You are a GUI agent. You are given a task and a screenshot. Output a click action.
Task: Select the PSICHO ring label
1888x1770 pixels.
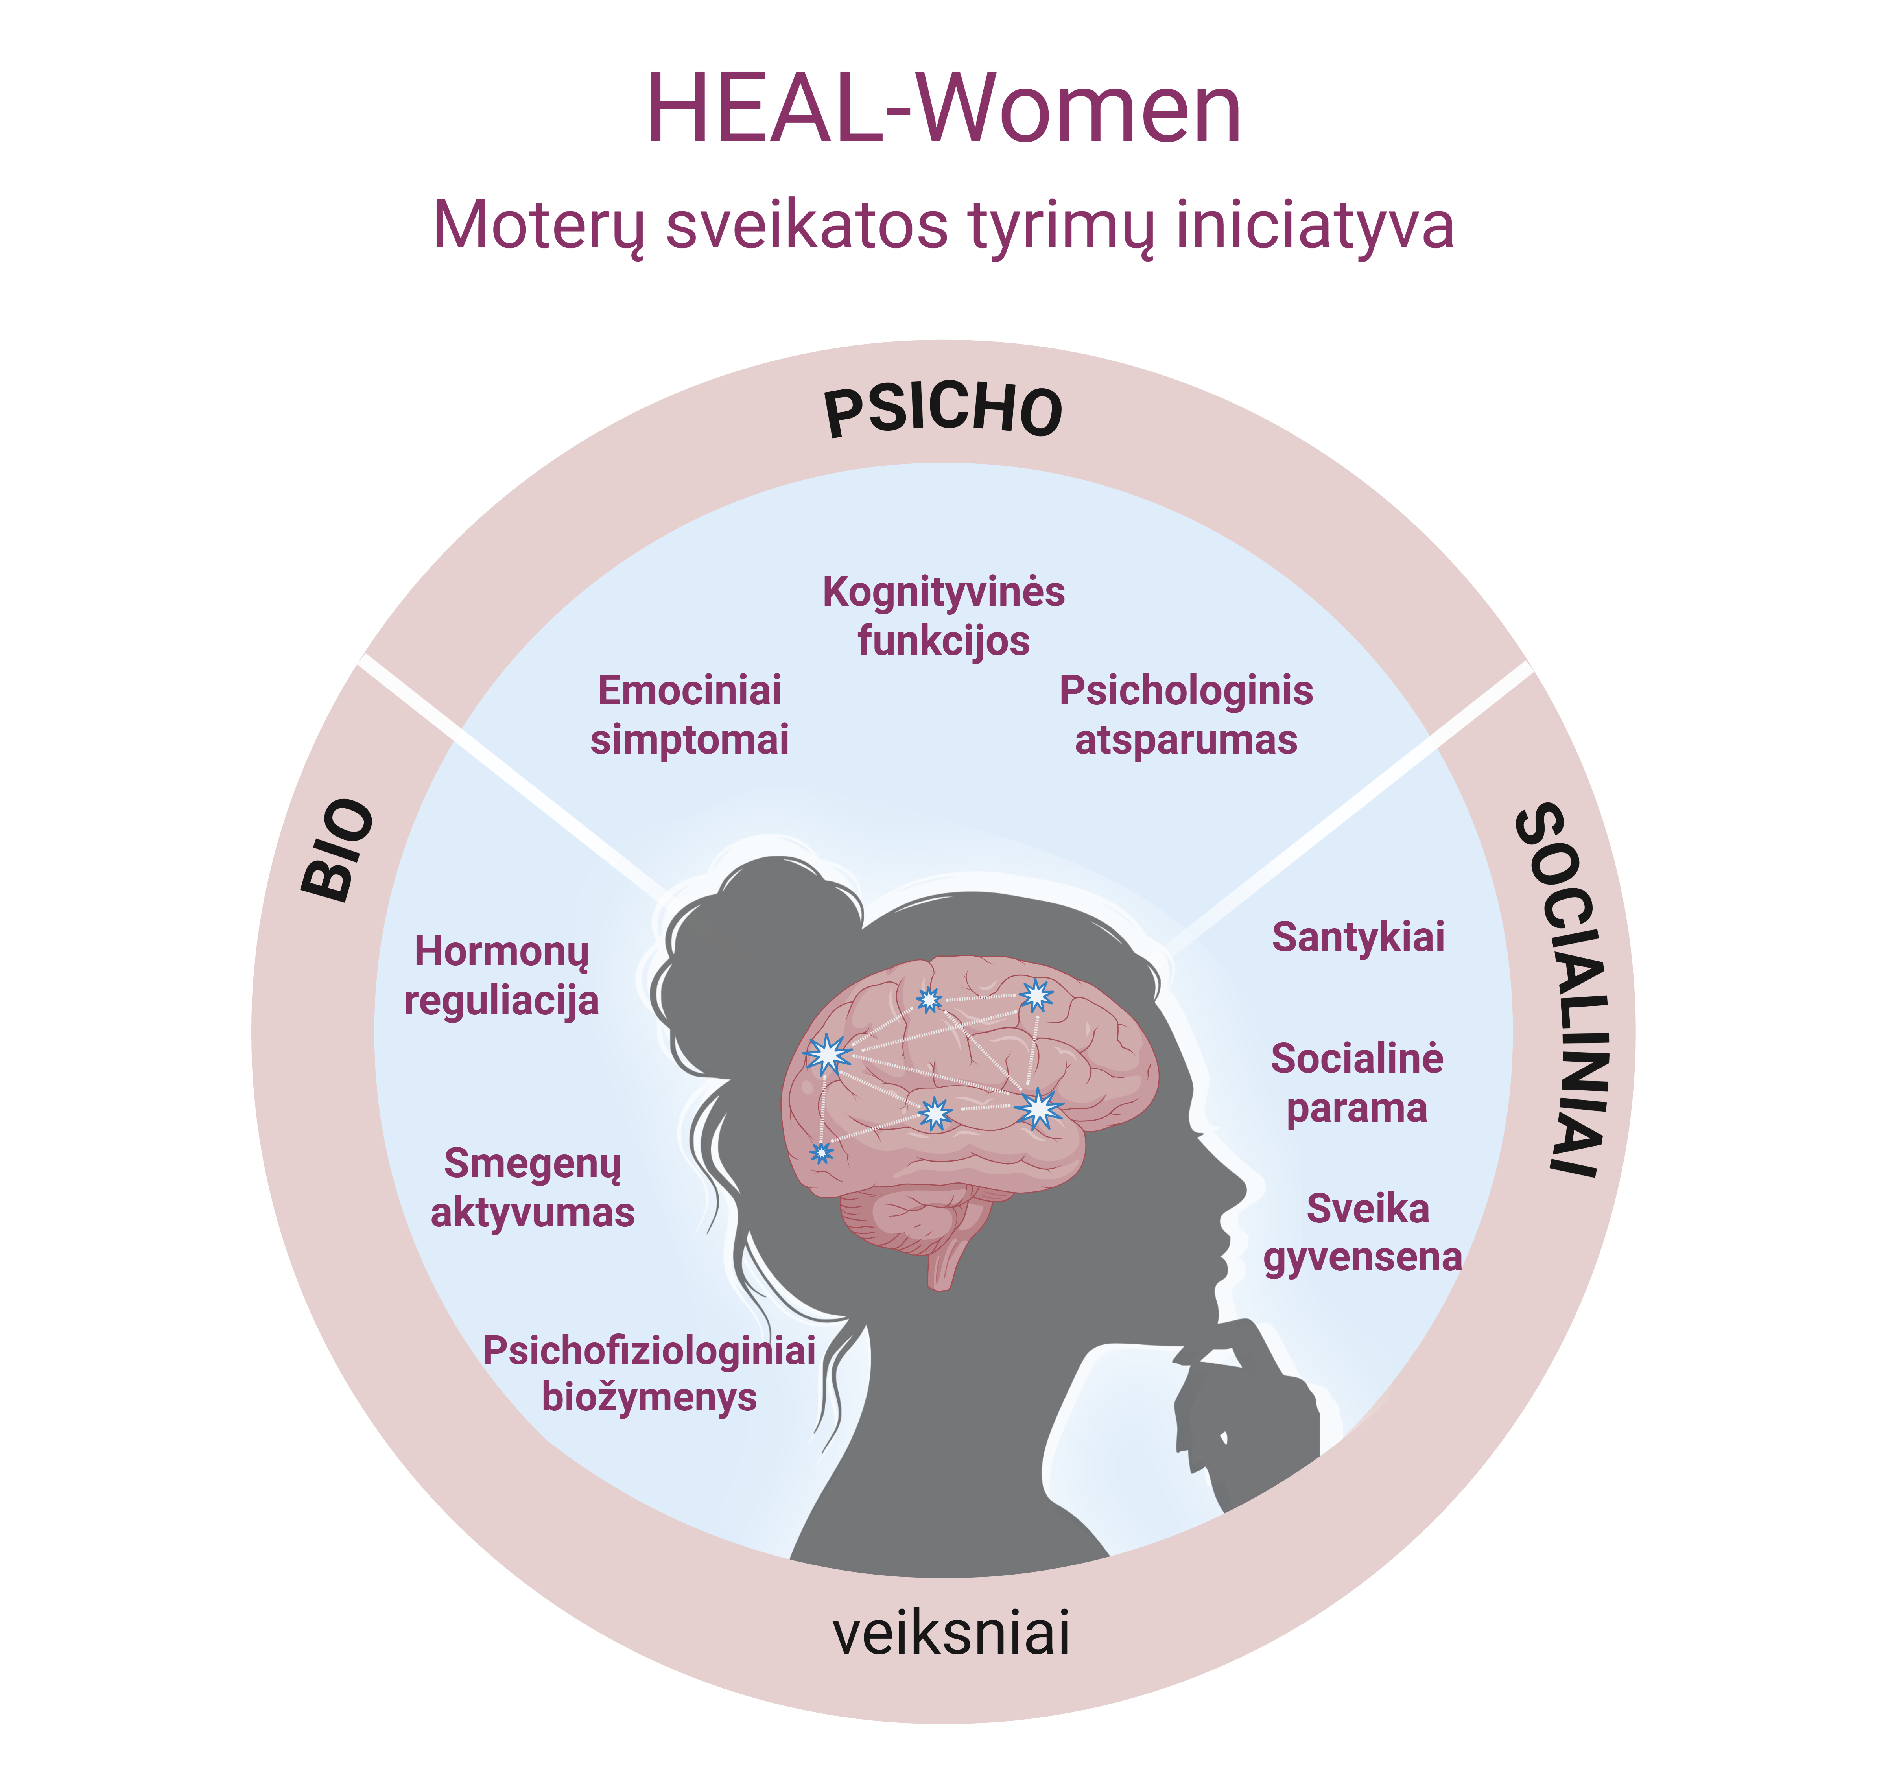coord(943,411)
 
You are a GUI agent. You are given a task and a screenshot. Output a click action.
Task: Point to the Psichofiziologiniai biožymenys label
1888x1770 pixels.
coord(650,1373)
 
